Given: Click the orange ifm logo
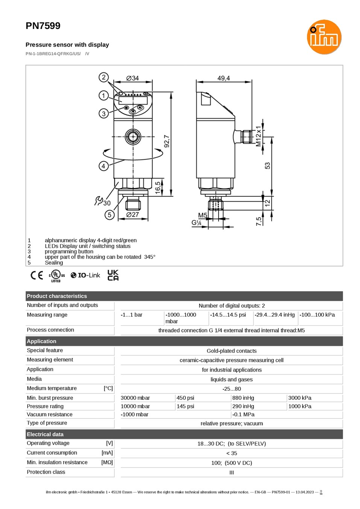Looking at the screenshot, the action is coord(324,37).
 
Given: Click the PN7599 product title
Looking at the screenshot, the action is coord(43,26).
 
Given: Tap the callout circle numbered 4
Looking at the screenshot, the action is coord(103,166).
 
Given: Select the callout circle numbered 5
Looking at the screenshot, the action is coord(109,215).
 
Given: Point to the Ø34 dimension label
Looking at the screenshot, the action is coord(132,78).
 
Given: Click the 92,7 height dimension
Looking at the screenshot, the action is coord(167,141).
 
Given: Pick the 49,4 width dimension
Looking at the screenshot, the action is coord(223,78).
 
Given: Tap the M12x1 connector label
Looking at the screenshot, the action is coord(258,136).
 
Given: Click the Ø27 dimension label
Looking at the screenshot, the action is coord(132,214).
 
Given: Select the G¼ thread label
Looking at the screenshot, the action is coord(196,222).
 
